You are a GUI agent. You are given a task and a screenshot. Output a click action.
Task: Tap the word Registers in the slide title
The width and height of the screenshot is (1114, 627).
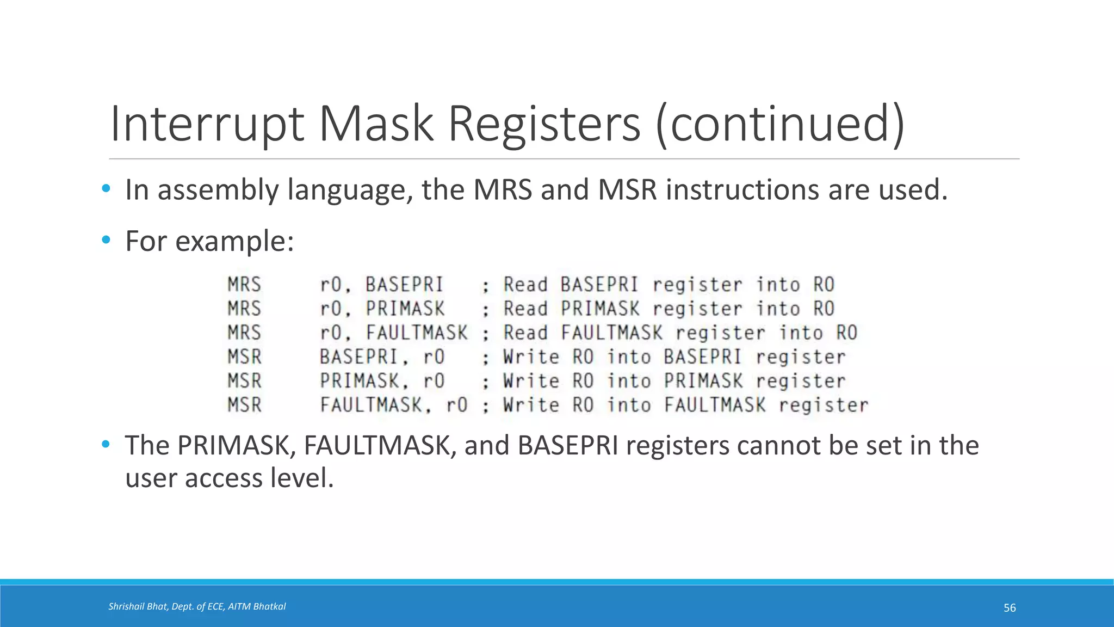543,124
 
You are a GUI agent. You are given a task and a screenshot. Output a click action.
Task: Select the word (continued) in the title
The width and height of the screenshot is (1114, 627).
781,124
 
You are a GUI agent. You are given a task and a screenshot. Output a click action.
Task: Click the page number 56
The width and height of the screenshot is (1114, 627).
1010,608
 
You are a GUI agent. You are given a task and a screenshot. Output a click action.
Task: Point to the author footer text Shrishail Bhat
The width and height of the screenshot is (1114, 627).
138,606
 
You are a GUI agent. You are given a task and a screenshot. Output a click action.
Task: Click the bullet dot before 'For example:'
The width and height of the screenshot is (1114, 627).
106,240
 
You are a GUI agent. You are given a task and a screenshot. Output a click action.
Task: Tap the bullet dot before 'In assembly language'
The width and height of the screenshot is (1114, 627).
106,189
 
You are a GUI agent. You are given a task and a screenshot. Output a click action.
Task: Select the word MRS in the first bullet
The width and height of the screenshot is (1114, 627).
503,190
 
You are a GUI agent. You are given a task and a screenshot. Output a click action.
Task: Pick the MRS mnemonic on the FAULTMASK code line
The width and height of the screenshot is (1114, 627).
244,333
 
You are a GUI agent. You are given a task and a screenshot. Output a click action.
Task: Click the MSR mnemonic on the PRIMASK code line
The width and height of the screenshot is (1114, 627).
244,380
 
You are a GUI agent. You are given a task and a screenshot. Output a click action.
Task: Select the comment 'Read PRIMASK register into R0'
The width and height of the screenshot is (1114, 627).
669,309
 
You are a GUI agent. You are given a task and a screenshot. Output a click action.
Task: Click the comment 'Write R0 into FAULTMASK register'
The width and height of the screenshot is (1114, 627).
685,405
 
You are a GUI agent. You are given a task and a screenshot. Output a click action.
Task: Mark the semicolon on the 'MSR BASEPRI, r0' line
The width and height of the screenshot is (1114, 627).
485,358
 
